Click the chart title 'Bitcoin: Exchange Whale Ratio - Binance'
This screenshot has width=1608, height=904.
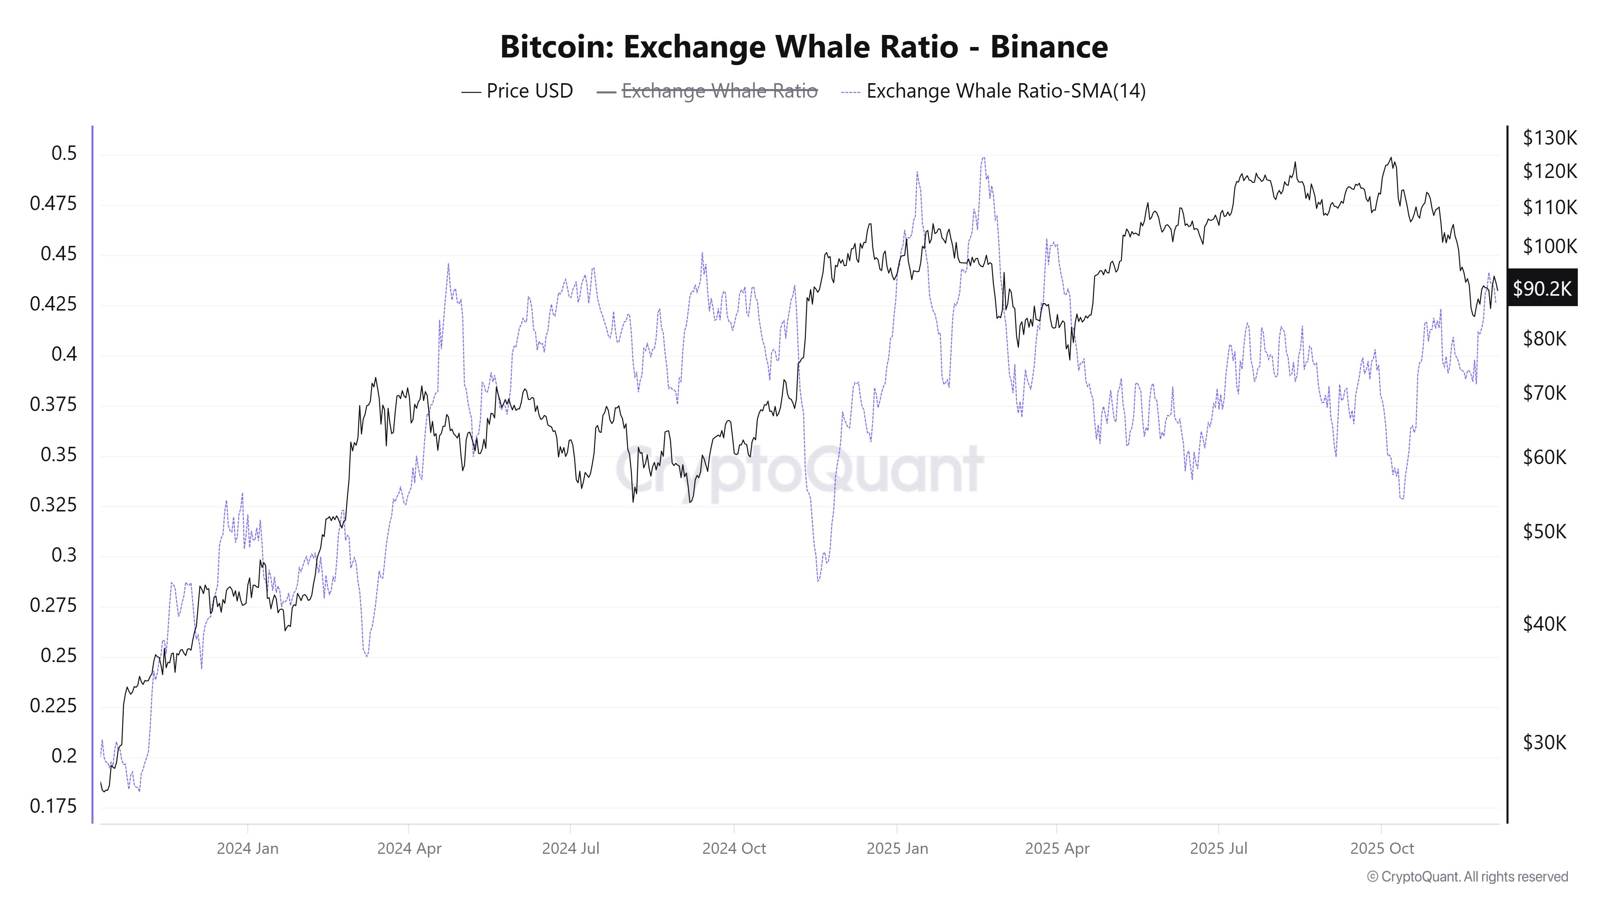[804, 47]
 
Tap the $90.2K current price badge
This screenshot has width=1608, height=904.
[1542, 288]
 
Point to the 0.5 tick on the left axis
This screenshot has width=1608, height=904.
[64, 153]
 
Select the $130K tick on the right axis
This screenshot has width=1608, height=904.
[1549, 138]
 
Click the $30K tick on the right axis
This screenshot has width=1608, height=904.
[1544, 742]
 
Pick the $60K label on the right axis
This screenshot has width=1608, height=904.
[1544, 457]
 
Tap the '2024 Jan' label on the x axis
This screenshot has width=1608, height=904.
[247, 849]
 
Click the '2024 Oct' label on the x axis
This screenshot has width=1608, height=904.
[734, 849]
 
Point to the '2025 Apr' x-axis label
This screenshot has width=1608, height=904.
[1057, 849]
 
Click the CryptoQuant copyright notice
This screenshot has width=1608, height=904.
[1467, 877]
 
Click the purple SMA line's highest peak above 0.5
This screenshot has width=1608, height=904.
[983, 158]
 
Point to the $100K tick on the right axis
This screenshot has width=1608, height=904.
[1549, 246]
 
